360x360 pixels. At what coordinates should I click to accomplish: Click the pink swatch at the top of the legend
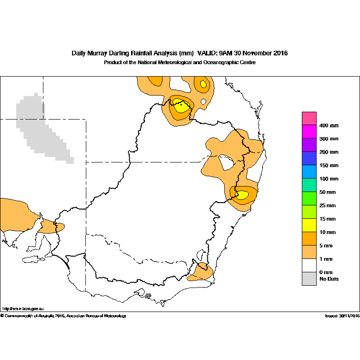pyautogui.click(x=309, y=118)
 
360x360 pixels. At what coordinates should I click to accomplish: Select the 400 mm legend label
pyautogui.click(x=329, y=126)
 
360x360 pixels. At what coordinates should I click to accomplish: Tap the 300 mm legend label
pyautogui.click(x=329, y=139)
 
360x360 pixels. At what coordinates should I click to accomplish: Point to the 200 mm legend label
pyautogui.click(x=329, y=152)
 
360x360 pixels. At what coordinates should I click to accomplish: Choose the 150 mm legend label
pyautogui.click(x=329, y=166)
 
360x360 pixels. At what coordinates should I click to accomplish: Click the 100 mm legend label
pyautogui.click(x=329, y=179)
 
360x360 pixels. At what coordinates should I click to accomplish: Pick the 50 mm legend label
pyautogui.click(x=327, y=192)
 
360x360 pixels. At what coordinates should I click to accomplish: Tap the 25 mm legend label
pyautogui.click(x=327, y=205)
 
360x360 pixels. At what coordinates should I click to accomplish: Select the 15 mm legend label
pyautogui.click(x=327, y=219)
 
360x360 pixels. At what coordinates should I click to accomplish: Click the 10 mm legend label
pyautogui.click(x=327, y=232)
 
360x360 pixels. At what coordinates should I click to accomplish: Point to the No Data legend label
pyautogui.click(x=329, y=279)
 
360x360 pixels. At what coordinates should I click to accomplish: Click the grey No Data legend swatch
pyautogui.click(x=309, y=279)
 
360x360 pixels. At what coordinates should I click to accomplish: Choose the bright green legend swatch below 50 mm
pyautogui.click(x=309, y=198)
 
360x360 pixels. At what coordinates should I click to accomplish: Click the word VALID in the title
pyautogui.click(x=207, y=53)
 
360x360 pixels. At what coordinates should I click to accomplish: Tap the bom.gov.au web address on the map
pyautogui.click(x=23, y=309)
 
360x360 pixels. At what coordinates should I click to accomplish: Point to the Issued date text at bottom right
pyautogui.click(x=342, y=316)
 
